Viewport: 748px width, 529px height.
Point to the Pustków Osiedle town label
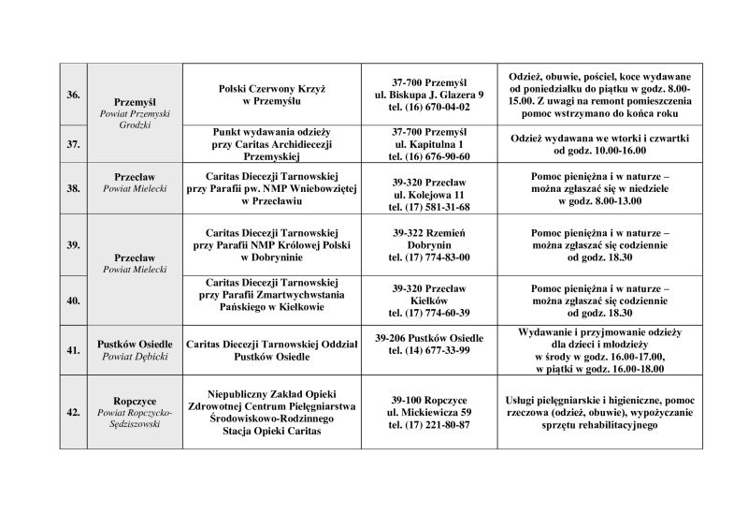pyautogui.click(x=132, y=345)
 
